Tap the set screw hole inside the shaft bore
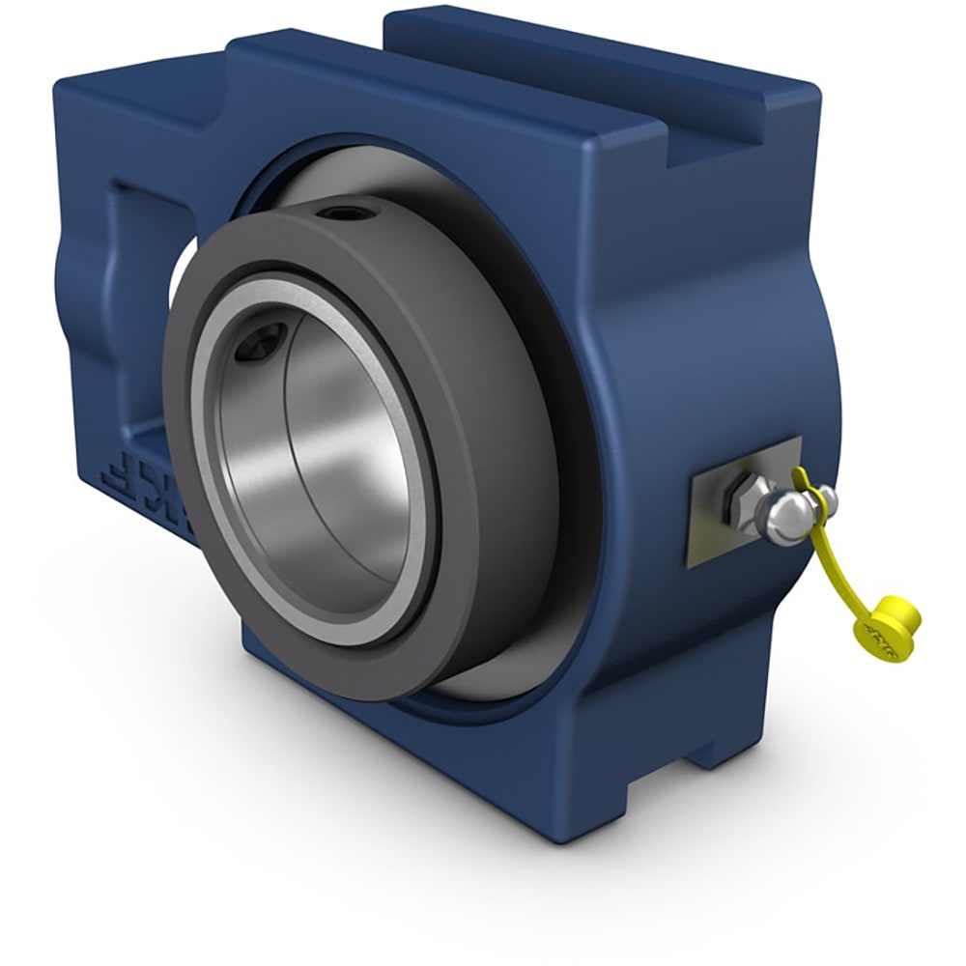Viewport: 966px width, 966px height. [x=264, y=340]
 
